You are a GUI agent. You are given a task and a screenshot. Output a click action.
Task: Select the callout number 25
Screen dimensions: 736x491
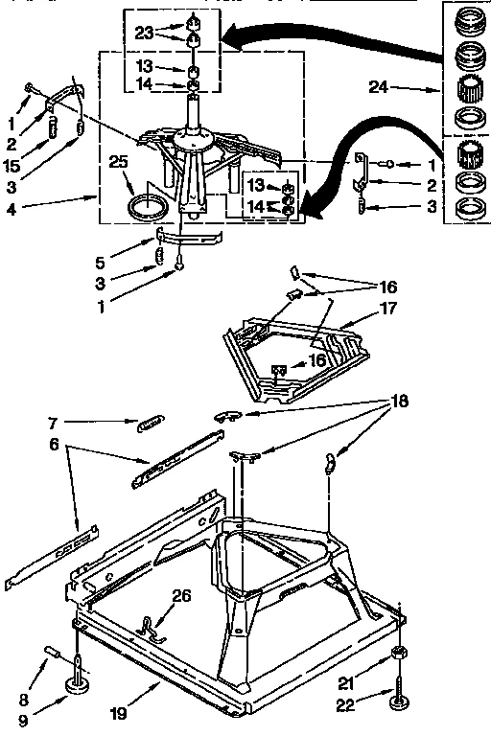(x=118, y=163)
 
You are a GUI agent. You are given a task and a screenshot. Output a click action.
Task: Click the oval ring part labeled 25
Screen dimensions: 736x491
(x=147, y=205)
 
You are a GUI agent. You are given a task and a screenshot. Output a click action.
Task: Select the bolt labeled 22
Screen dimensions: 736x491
(x=395, y=693)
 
